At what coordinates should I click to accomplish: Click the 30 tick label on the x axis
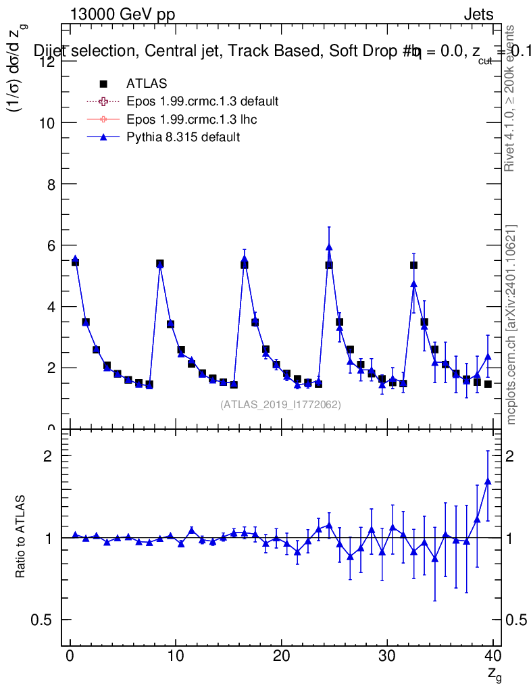[387, 656]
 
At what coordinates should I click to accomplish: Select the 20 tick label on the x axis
[281, 656]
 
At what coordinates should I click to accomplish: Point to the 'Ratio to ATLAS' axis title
[21, 537]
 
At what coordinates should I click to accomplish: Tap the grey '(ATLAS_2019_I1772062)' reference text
[280, 405]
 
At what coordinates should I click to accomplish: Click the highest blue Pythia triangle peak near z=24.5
[329, 247]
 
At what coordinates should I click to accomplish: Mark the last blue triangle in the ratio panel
[488, 481]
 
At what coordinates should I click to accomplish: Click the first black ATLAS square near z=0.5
[75, 262]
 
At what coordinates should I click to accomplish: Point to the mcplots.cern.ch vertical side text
[511, 324]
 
